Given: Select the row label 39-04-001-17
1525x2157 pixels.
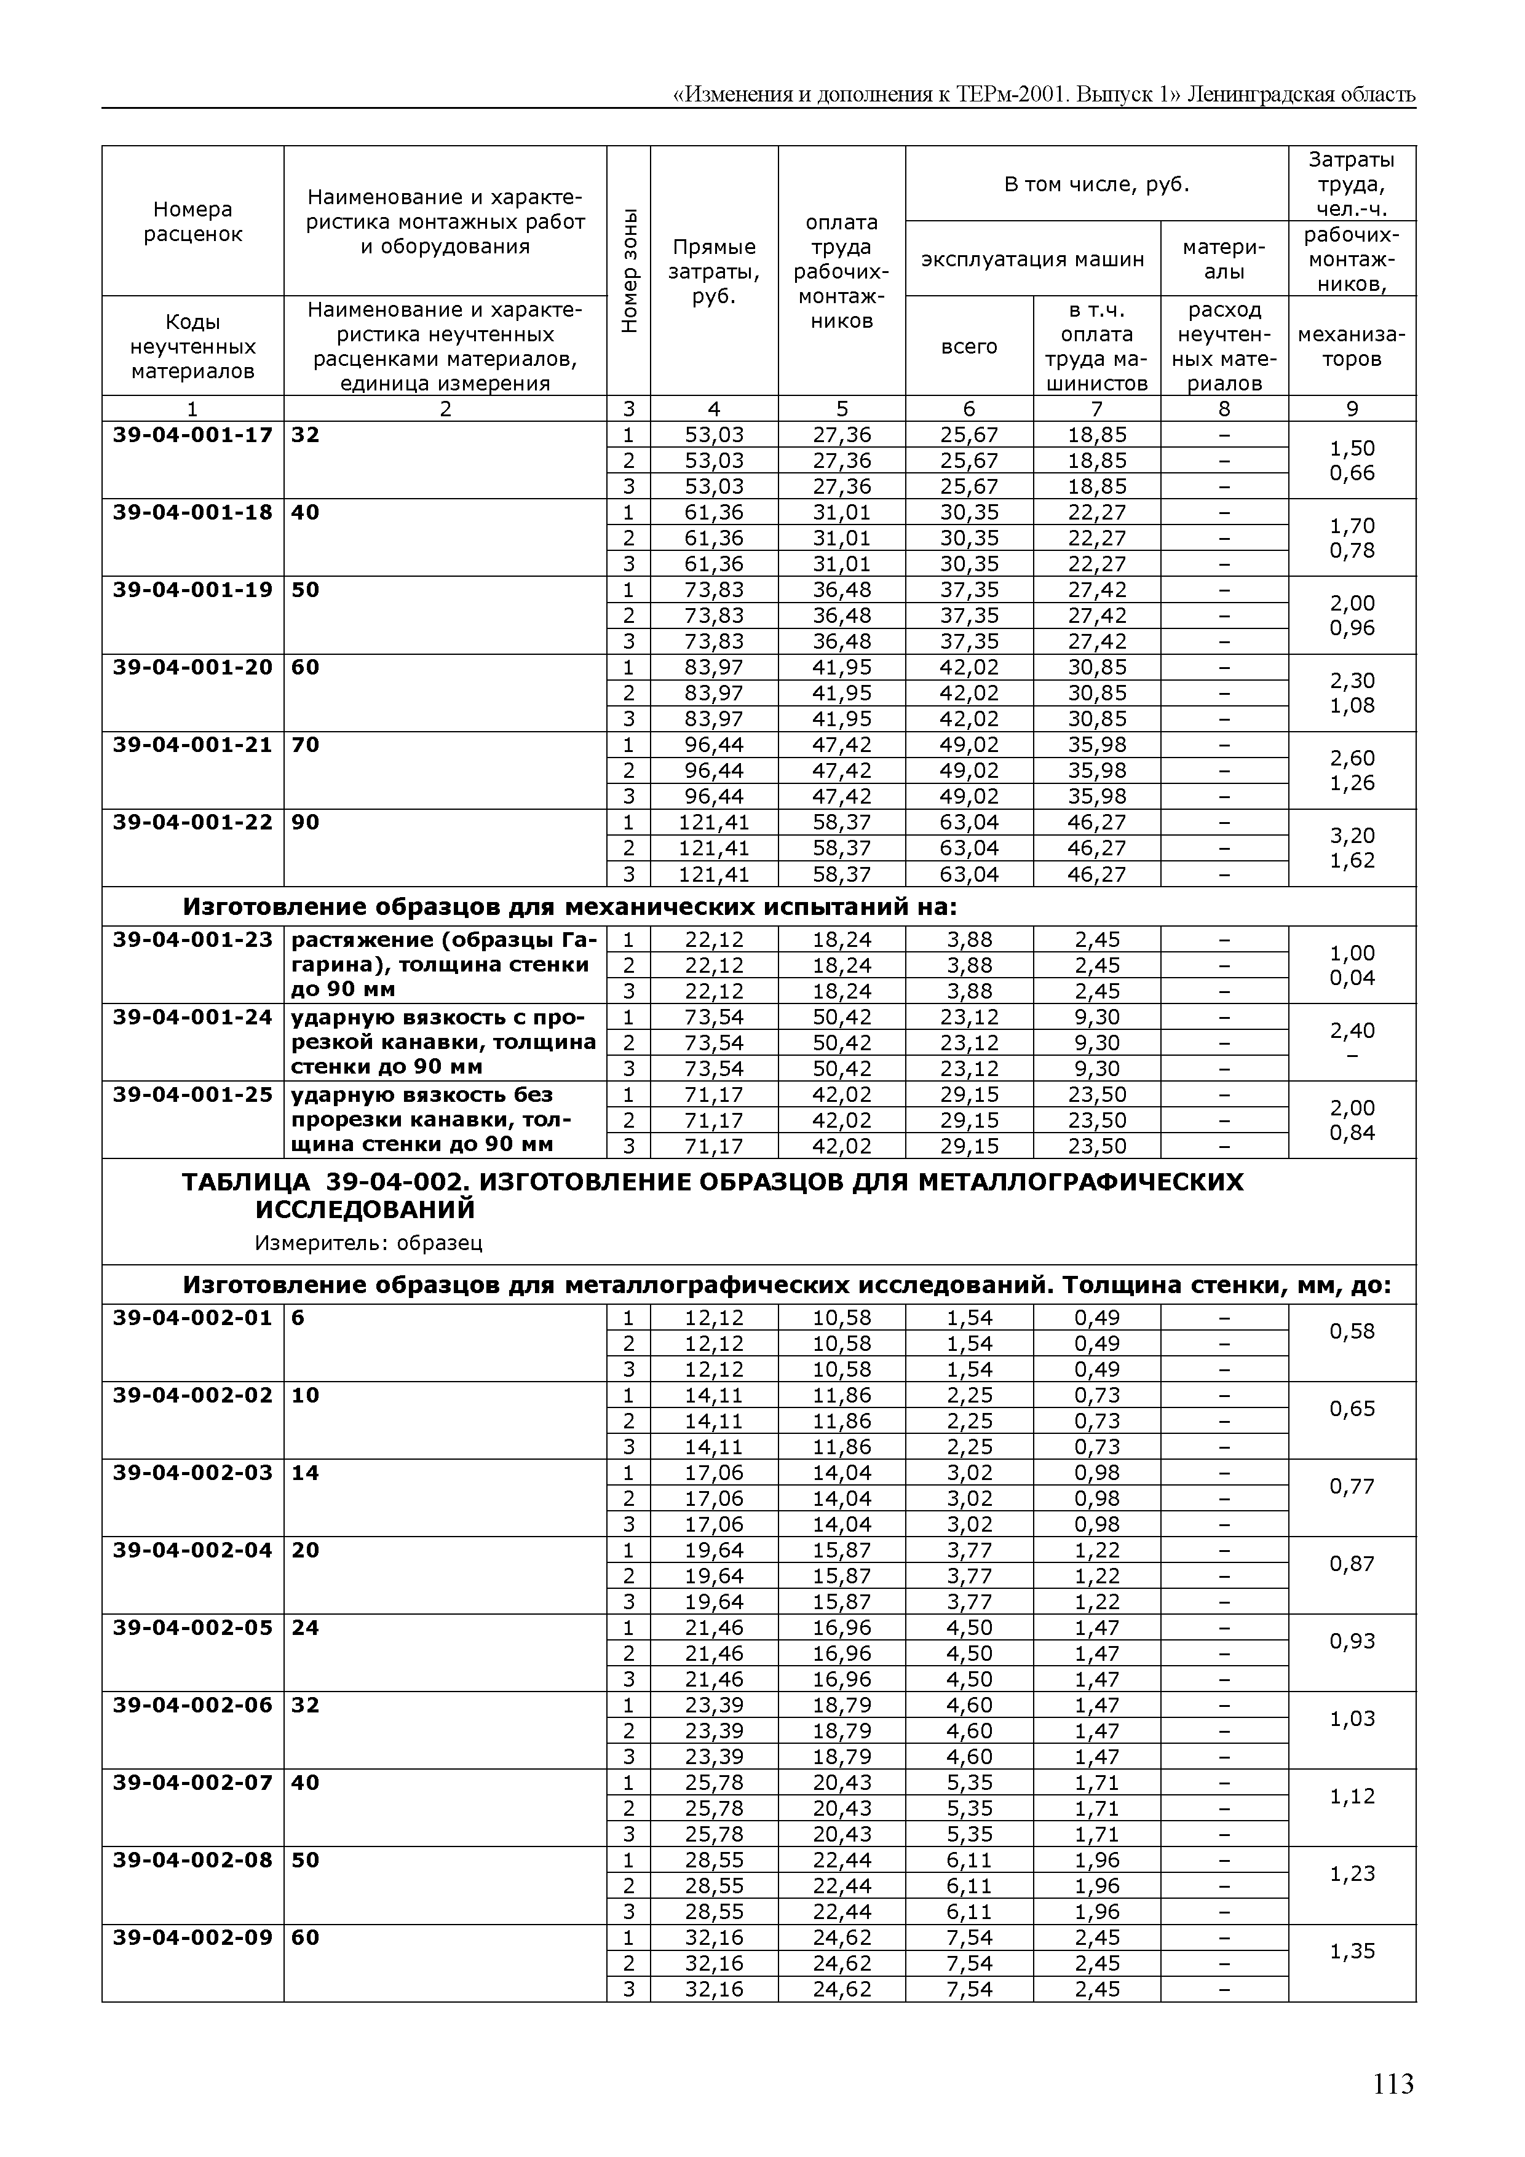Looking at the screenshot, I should click(x=192, y=435).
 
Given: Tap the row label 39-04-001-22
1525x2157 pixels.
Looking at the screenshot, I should click(x=192, y=822).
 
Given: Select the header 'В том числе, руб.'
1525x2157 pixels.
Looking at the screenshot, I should click(x=1096, y=184).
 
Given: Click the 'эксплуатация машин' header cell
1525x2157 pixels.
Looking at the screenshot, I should click(x=1032, y=259).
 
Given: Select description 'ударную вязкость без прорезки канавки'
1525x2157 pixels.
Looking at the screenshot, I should click(x=443, y=1120).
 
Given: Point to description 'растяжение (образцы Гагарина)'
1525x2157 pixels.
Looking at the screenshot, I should click(x=443, y=965).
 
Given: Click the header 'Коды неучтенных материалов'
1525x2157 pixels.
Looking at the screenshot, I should click(x=192, y=347).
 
